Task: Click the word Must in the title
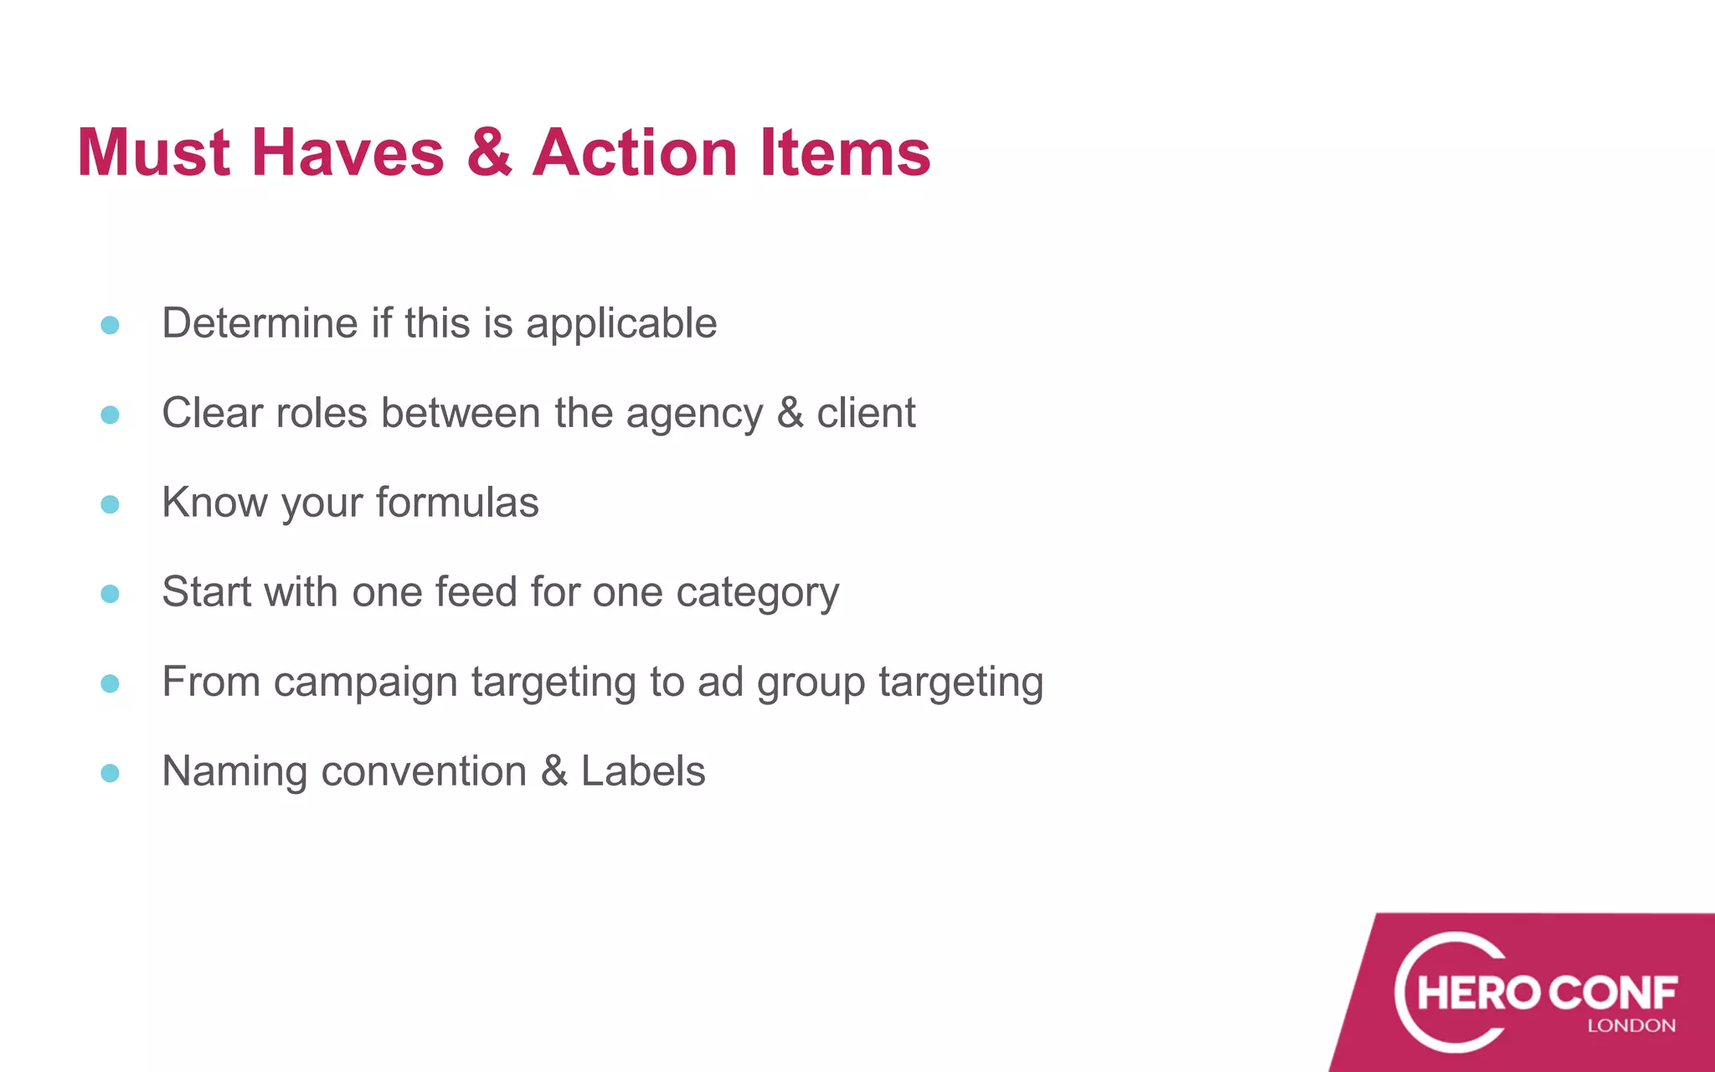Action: click(154, 152)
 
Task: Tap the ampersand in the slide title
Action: click(489, 152)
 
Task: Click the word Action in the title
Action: click(635, 152)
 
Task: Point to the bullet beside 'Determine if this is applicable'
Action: click(110, 325)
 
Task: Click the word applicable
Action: click(621, 324)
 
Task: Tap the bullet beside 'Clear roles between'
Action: click(110, 415)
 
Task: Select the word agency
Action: click(694, 415)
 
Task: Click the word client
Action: click(866, 413)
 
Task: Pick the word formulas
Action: click(457, 502)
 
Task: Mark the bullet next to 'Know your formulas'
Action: click(110, 504)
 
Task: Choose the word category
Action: click(757, 594)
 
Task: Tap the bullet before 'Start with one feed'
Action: click(110, 594)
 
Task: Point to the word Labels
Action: click(643, 771)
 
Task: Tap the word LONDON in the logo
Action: click(1631, 1026)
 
